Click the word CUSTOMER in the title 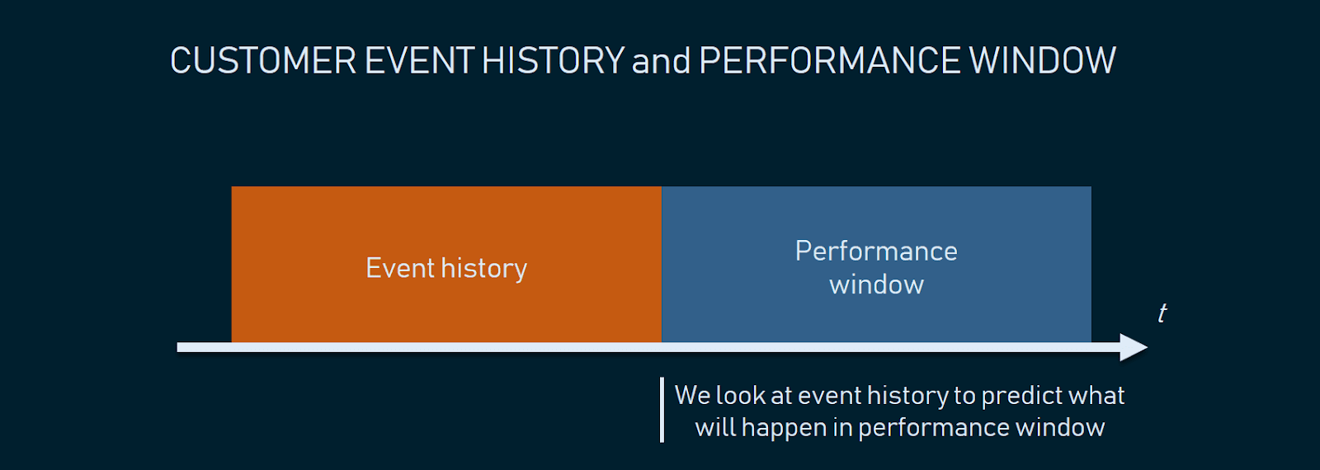[x=263, y=60]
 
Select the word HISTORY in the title [x=553, y=60]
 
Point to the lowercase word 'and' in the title [x=661, y=61]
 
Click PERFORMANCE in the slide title [x=830, y=60]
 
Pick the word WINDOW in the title [x=1042, y=60]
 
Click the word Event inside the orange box [x=400, y=268]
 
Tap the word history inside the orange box [x=483, y=269]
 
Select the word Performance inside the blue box [x=876, y=251]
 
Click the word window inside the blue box [x=876, y=284]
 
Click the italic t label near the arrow [x=1162, y=313]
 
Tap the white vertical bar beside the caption [x=662, y=410]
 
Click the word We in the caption [x=692, y=395]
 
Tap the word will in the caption [x=714, y=427]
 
